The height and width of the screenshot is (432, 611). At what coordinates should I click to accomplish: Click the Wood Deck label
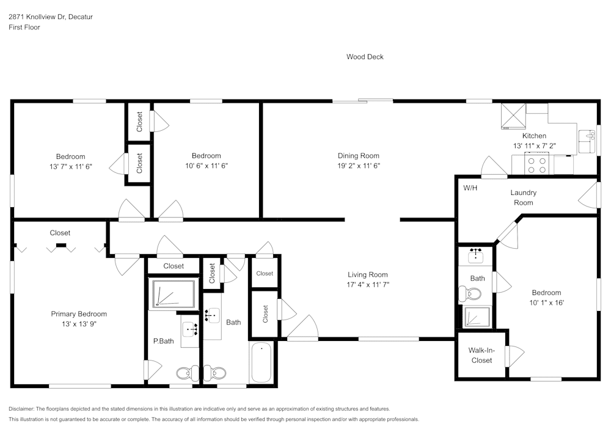pyautogui.click(x=365, y=57)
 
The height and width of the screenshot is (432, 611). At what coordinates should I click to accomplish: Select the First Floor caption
pyautogui.click(x=24, y=27)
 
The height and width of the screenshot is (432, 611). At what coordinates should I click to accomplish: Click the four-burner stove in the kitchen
pyautogui.click(x=538, y=164)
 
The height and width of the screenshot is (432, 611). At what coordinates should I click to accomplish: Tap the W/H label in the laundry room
pyautogui.click(x=470, y=188)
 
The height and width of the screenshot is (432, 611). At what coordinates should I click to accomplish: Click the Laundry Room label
pyautogui.click(x=523, y=197)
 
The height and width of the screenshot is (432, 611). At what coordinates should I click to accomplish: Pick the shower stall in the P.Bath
pyautogui.click(x=173, y=293)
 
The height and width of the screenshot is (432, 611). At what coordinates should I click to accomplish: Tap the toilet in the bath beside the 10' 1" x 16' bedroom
pyautogui.click(x=473, y=294)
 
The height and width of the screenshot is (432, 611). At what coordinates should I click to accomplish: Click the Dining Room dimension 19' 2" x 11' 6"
pyautogui.click(x=359, y=165)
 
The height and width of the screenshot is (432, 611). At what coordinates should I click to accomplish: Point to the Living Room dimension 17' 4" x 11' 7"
pyautogui.click(x=368, y=284)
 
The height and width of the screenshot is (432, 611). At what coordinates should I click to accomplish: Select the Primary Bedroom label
pyautogui.click(x=79, y=314)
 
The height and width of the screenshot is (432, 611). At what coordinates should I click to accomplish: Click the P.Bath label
pyautogui.click(x=163, y=341)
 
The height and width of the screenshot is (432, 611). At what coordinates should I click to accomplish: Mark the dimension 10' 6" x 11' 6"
pyautogui.click(x=206, y=166)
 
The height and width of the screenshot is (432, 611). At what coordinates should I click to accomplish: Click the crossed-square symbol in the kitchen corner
pyautogui.click(x=513, y=114)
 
